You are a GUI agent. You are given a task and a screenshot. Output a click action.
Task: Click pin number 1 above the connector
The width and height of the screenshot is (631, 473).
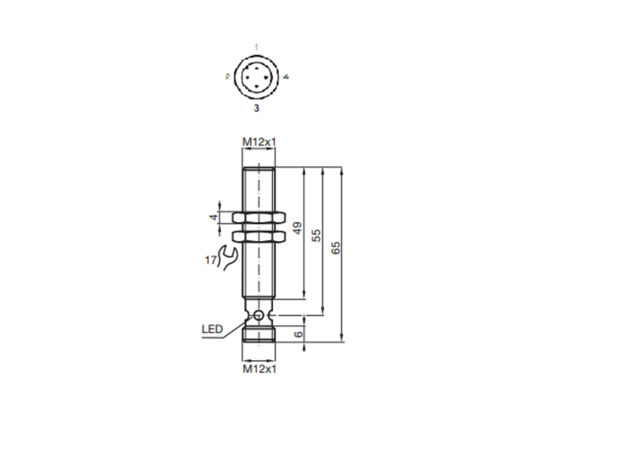[x=256, y=48]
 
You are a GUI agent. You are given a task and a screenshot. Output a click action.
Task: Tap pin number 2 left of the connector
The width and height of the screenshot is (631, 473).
[x=227, y=77]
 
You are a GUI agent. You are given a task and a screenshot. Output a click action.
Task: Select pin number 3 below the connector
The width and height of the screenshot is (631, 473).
[x=256, y=106]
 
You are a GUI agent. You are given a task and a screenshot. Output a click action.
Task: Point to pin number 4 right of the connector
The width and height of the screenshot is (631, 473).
[x=286, y=77]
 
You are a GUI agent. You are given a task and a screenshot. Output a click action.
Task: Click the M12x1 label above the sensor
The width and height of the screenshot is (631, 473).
[x=258, y=142]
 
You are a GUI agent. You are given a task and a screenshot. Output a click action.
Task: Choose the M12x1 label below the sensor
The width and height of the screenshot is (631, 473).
[x=258, y=368]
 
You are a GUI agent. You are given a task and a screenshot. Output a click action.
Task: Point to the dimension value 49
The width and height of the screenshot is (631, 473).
[x=297, y=229]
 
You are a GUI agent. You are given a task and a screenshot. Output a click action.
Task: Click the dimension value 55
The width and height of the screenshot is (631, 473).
[x=317, y=236]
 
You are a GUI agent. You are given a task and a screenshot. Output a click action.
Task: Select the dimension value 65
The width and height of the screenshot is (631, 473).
[x=337, y=247]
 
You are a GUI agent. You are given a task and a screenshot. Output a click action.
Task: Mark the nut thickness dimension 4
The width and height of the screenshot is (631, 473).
[x=212, y=218]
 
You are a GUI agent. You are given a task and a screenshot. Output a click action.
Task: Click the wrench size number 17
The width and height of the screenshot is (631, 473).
[x=211, y=260]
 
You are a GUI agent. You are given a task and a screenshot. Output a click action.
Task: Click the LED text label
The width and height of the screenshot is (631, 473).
[x=212, y=329]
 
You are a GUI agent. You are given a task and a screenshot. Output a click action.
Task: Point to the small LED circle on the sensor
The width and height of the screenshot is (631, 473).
[x=258, y=315]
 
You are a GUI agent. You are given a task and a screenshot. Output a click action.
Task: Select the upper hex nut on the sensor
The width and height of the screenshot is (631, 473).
[x=258, y=218]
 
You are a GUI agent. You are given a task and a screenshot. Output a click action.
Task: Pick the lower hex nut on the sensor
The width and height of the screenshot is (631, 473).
[x=258, y=236]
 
